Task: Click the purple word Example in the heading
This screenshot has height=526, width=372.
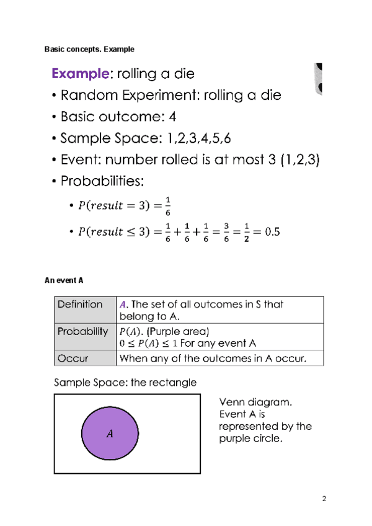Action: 80,74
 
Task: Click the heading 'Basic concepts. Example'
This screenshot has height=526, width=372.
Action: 89,48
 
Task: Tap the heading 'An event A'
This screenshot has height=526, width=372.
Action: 64,280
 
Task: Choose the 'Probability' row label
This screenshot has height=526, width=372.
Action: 83,331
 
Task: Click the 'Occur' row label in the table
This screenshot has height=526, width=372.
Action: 73,358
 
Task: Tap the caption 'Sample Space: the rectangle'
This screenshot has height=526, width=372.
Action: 125,382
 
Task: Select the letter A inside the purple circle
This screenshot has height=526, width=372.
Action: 110,434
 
